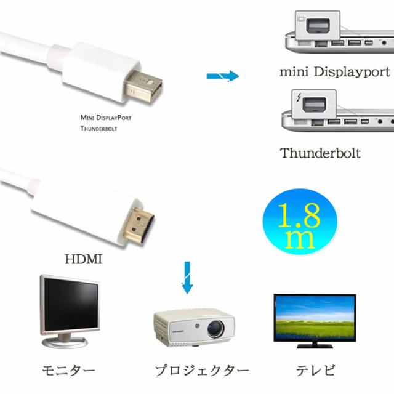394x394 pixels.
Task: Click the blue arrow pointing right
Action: click(x=223, y=76)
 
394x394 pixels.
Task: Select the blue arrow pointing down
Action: click(x=187, y=278)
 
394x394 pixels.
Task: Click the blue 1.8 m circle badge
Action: click(x=300, y=222)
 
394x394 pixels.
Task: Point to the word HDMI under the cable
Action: click(x=84, y=259)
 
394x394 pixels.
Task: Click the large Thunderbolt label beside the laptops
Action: click(x=320, y=153)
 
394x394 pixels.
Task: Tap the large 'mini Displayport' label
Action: click(x=335, y=72)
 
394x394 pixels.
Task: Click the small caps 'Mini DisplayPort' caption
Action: click(x=106, y=118)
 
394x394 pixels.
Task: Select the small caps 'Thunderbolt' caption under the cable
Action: click(x=98, y=129)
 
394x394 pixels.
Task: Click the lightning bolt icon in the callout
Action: click(x=299, y=97)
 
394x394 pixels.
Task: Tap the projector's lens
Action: click(x=215, y=329)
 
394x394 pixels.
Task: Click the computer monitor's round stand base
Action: click(x=65, y=342)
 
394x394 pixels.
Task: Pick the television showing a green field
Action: click(x=315, y=321)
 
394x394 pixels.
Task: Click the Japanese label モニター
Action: click(x=68, y=371)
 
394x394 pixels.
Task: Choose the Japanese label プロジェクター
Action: click(x=202, y=371)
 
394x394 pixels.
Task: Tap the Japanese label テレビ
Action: click(x=315, y=370)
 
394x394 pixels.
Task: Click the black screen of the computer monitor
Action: click(x=71, y=304)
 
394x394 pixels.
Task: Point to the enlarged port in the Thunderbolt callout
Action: click(x=315, y=104)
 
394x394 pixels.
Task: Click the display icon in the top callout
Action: click(x=301, y=19)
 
